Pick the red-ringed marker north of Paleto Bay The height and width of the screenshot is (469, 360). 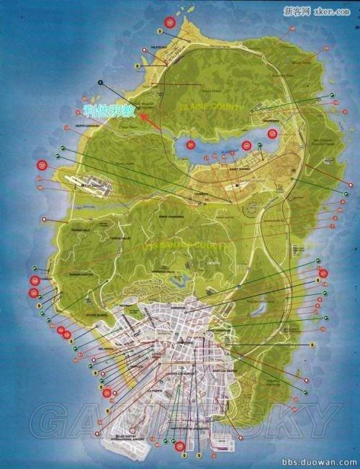169,22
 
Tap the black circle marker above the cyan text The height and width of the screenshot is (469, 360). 101,81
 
